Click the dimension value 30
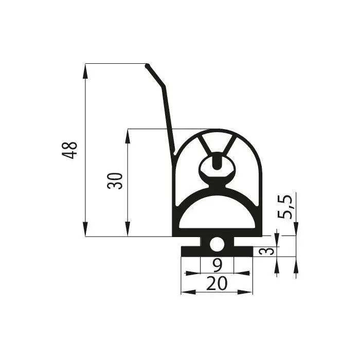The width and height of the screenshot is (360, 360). [x=116, y=181]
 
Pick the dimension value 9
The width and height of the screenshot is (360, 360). [x=217, y=265]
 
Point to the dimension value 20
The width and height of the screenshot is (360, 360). [x=217, y=284]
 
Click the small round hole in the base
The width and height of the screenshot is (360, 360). [x=217, y=244]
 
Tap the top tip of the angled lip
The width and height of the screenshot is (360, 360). [x=148, y=65]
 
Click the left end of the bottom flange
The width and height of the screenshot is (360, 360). [x=183, y=251]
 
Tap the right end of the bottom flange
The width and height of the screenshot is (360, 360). [x=252, y=251]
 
